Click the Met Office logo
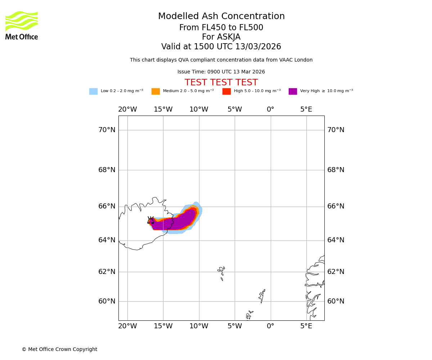(x=22, y=25)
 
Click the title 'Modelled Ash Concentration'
(x=221, y=17)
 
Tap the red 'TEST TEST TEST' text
(x=221, y=83)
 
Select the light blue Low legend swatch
(x=93, y=91)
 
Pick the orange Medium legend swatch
(x=156, y=91)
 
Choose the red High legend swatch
(x=226, y=91)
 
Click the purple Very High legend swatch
(x=293, y=91)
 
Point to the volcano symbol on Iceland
(x=151, y=220)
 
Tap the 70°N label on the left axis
(x=107, y=130)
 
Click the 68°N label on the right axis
(x=336, y=170)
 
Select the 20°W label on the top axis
(x=127, y=109)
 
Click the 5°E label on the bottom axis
(x=306, y=326)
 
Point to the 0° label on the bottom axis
(x=270, y=326)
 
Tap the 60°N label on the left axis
(x=107, y=301)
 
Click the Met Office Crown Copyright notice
(x=59, y=350)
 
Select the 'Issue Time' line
(x=221, y=72)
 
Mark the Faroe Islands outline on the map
(x=221, y=273)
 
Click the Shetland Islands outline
(x=262, y=296)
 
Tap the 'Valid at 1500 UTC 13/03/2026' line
(x=221, y=47)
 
